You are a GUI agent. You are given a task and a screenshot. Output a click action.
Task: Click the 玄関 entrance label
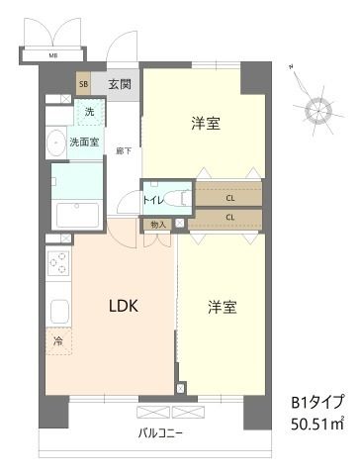point(120,83)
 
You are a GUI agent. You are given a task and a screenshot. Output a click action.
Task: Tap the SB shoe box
point(84,84)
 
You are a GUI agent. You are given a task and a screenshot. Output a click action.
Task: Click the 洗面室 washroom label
point(84,142)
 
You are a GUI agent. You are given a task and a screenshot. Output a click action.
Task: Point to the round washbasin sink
point(54,142)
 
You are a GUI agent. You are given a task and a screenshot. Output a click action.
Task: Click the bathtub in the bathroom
point(76,214)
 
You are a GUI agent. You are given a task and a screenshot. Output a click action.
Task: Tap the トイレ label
point(153,199)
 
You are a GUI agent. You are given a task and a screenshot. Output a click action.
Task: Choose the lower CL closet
point(229,217)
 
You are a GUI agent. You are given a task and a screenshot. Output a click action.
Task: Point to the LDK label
point(122,306)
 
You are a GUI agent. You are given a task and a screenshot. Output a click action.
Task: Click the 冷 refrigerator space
point(57,341)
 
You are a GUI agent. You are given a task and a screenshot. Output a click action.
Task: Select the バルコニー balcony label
point(160,433)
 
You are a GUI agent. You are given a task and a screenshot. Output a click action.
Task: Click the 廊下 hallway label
point(124,150)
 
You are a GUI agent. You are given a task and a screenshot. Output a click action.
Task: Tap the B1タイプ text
point(316,402)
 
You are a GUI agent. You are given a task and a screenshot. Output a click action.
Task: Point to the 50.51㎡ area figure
point(316,425)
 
